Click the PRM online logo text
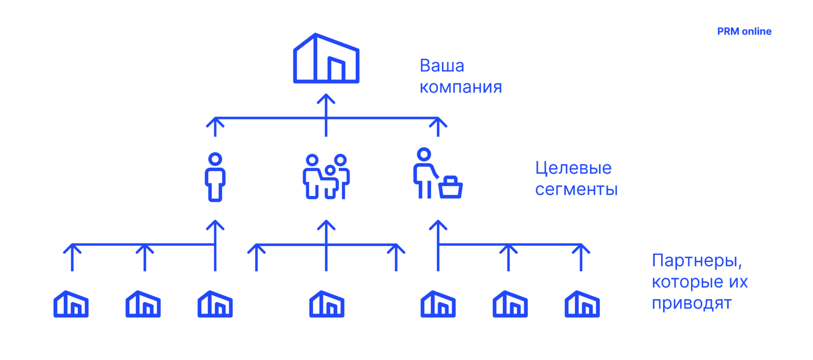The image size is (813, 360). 744,31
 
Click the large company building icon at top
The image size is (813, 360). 326,59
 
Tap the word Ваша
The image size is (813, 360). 442,66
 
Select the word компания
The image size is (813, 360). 460,87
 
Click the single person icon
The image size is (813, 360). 215,177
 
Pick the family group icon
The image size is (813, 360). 326,177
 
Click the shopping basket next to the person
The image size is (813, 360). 451,188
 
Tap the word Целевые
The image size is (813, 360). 573,168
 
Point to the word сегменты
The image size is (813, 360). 576,189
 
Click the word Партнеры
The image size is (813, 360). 696,261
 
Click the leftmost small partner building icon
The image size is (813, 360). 71,304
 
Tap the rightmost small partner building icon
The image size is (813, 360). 582,304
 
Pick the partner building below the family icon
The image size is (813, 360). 327,304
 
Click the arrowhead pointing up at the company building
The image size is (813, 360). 326,98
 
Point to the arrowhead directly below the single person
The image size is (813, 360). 215,225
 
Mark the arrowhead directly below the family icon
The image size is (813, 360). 326,225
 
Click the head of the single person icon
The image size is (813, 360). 215,159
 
